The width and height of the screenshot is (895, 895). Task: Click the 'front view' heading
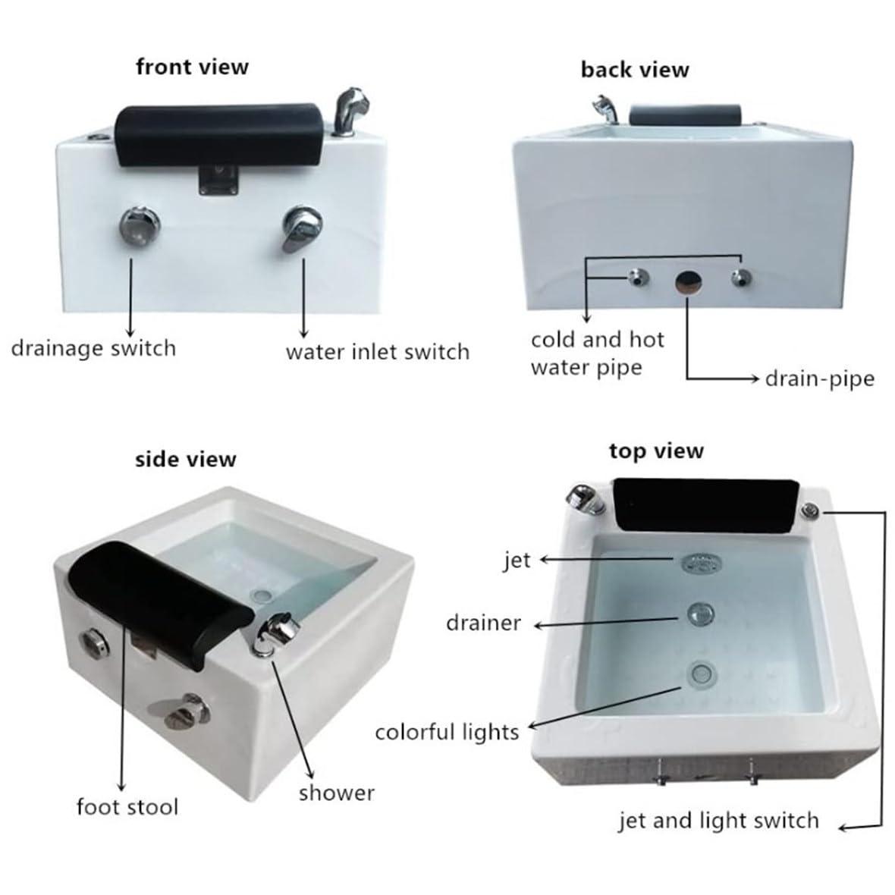[x=192, y=67]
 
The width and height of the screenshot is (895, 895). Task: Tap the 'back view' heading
[x=634, y=70]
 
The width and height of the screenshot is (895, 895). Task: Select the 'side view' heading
[x=185, y=460]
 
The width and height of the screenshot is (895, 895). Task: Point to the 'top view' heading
[x=656, y=451]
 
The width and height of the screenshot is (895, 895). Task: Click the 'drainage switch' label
[x=93, y=348]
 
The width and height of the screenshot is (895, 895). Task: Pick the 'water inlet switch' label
[x=377, y=352]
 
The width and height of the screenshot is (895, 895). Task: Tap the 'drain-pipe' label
[x=819, y=378]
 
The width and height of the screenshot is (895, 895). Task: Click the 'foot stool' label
[x=127, y=805]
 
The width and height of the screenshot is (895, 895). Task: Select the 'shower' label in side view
[x=336, y=793]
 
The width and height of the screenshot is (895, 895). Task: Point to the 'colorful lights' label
[x=447, y=732]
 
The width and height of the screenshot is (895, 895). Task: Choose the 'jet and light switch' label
[x=718, y=820]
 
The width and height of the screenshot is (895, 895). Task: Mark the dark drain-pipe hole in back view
[x=688, y=280]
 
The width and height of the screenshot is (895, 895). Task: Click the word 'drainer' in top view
[x=483, y=623]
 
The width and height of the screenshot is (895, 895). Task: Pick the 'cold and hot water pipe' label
[x=597, y=353]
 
